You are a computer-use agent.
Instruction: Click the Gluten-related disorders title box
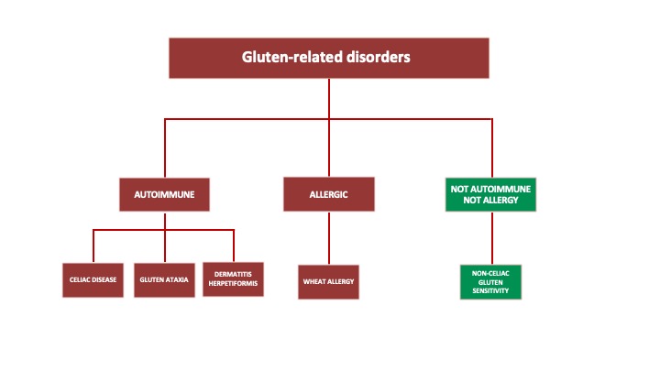325,57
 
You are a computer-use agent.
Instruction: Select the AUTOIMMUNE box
165,194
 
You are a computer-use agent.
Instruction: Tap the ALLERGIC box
329,194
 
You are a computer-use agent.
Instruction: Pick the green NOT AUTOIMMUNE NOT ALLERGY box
491,194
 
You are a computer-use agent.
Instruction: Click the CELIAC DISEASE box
93,279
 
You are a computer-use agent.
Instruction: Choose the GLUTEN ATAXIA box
165,279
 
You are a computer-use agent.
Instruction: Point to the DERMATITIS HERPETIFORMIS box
233,279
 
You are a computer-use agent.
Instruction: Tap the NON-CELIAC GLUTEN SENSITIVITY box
490,281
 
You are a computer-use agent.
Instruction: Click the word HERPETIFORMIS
233,284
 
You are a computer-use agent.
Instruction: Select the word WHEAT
314,281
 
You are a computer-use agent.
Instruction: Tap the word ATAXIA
178,279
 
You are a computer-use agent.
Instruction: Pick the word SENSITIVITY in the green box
490,290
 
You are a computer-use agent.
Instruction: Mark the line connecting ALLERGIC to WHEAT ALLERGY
329,239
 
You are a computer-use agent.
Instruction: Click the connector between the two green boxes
491,239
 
